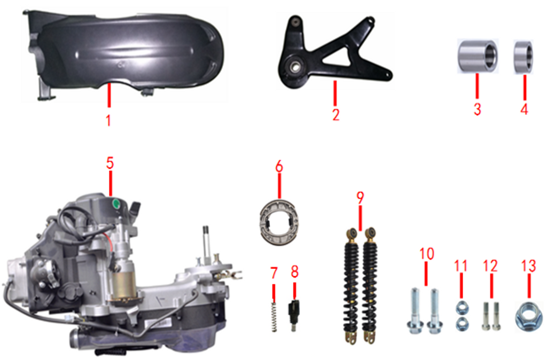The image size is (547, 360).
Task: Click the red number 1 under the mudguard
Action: point(108,120)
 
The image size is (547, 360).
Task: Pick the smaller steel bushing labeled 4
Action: point(523,57)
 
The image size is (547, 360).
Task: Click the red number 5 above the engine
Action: point(110,163)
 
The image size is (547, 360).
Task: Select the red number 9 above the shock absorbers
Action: point(360,197)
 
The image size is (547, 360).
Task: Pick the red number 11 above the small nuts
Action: point(461,265)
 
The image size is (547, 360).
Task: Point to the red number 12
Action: point(490,265)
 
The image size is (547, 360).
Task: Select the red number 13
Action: point(528,265)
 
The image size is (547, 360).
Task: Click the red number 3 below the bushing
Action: point(477,109)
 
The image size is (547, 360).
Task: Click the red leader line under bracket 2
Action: point(335,94)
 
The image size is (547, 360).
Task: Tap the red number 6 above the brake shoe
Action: point(279,167)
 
